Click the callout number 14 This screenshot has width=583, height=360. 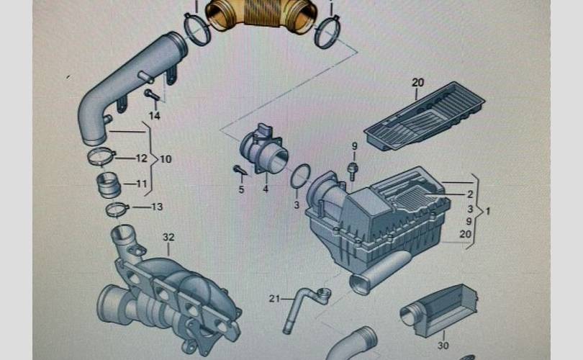pyautogui.click(x=154, y=116)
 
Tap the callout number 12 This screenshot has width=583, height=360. pyautogui.click(x=141, y=158)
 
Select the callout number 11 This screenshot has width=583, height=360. pyautogui.click(x=142, y=184)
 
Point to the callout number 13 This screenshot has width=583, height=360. pyautogui.click(x=158, y=207)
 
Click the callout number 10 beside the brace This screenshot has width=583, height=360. pyautogui.click(x=166, y=159)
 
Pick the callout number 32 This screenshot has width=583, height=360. pyautogui.click(x=168, y=238)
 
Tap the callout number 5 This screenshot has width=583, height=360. pyautogui.click(x=241, y=189)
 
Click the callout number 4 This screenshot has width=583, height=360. pyautogui.click(x=266, y=189)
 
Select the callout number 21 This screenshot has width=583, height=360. pyautogui.click(x=274, y=298)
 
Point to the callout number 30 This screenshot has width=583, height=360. pyautogui.click(x=443, y=346)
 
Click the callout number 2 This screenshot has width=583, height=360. pyautogui.click(x=470, y=194)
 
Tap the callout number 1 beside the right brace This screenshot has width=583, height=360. pyautogui.click(x=488, y=211)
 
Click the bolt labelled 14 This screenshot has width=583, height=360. pyautogui.click(x=152, y=94)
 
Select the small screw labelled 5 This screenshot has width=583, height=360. pyautogui.click(x=240, y=171)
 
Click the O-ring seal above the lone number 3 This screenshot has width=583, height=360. pyautogui.click(x=300, y=176)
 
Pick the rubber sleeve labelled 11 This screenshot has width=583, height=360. pyautogui.click(x=109, y=184)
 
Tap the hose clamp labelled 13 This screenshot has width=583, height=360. pyautogui.click(x=117, y=210)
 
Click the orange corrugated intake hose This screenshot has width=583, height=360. pyautogui.click(x=259, y=15)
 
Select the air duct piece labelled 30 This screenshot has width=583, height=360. pyautogui.click(x=439, y=310)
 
